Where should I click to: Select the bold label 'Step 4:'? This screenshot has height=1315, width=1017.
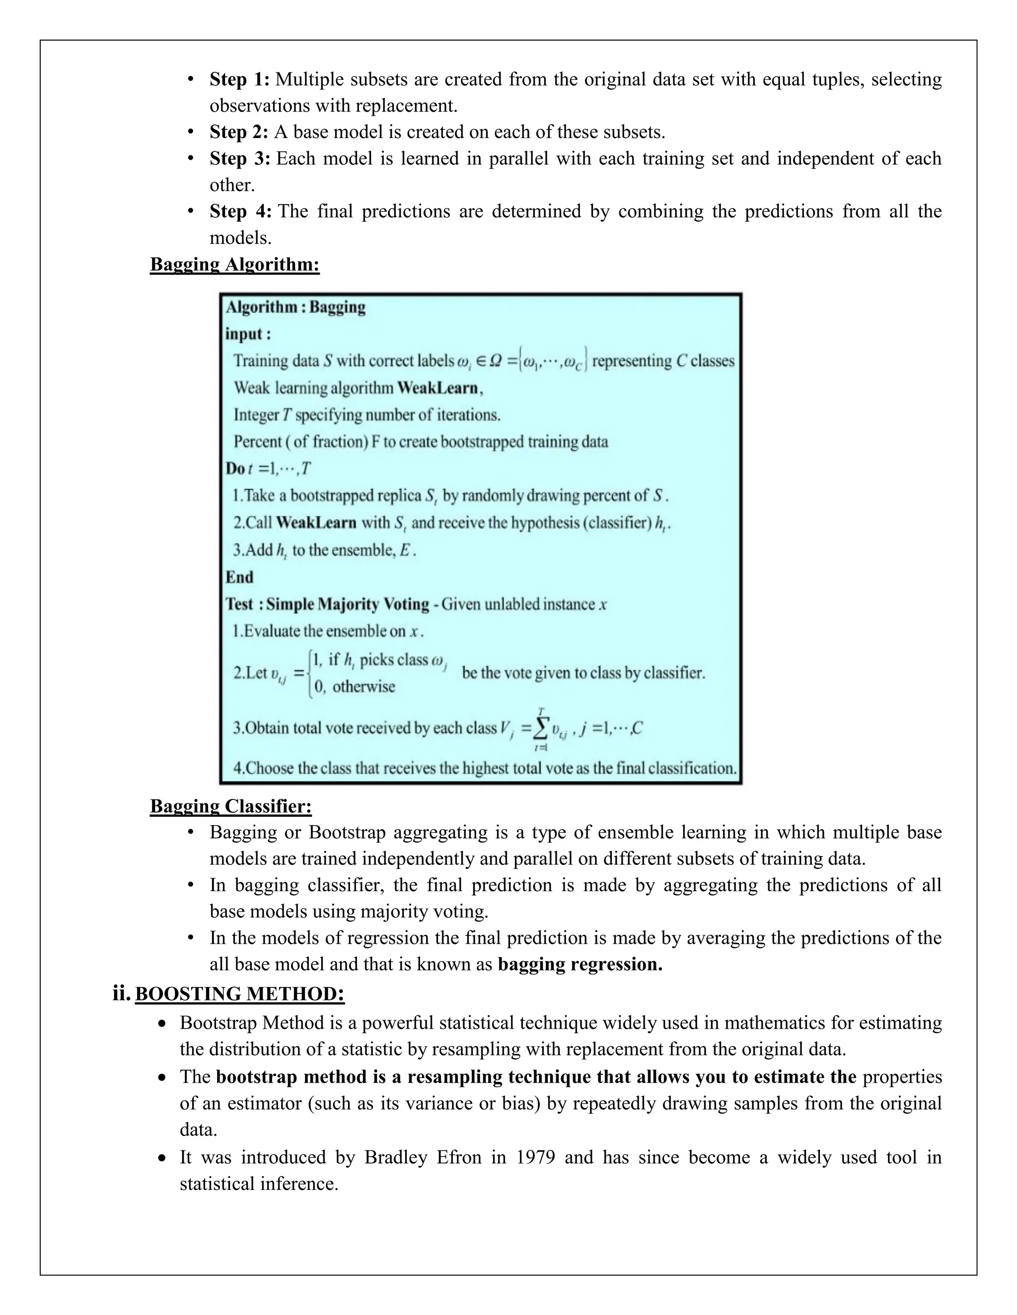point(240,211)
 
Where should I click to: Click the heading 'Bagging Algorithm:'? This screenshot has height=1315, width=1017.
point(234,264)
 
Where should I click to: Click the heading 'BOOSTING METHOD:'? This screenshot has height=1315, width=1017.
point(240,993)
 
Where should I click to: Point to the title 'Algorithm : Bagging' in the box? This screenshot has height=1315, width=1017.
point(295,307)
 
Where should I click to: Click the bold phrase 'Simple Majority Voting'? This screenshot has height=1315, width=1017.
point(348,604)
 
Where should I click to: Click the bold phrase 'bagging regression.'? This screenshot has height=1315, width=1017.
point(580,965)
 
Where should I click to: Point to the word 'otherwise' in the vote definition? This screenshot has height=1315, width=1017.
point(363,687)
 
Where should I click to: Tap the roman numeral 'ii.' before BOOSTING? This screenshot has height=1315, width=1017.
point(121,993)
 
